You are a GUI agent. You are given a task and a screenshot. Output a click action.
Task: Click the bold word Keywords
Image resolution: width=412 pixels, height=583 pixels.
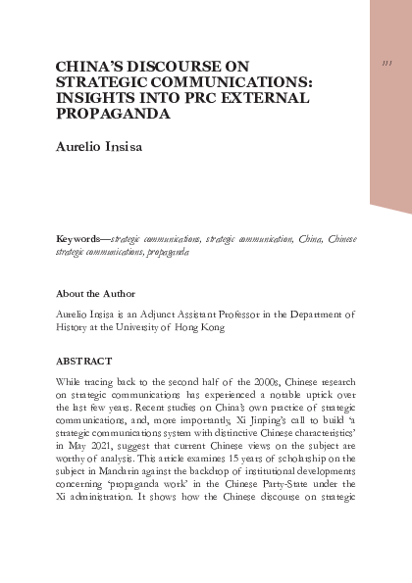[x=82, y=238]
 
